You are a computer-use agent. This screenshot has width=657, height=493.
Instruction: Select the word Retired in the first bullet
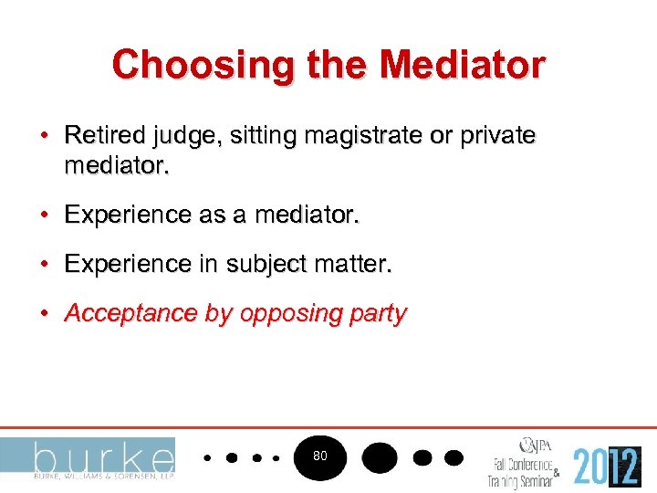[x=98, y=136]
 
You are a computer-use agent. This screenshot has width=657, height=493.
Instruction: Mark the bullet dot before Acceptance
[x=44, y=314]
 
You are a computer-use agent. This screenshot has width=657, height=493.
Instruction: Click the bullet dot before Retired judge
[x=44, y=136]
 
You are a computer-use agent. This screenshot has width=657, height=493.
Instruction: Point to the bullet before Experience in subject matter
[x=44, y=265]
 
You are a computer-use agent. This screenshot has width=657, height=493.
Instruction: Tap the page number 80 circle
[x=319, y=455]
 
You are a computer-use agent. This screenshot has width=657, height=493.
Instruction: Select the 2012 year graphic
[x=607, y=465]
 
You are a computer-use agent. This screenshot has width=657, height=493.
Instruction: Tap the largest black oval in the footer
[x=379, y=456]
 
